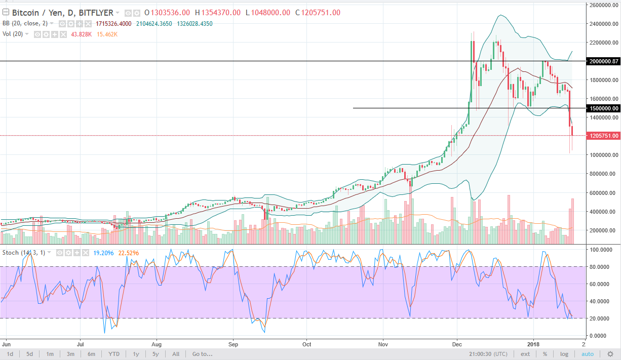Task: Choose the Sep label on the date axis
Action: [x=233, y=343]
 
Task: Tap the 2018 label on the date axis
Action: [x=533, y=343]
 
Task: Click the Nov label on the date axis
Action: [x=383, y=343]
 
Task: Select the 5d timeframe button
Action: [x=30, y=354]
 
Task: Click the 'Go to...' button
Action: [x=202, y=354]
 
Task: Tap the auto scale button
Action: [x=587, y=354]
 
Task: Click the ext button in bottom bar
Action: [x=525, y=354]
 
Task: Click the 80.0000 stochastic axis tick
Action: [x=602, y=267]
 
